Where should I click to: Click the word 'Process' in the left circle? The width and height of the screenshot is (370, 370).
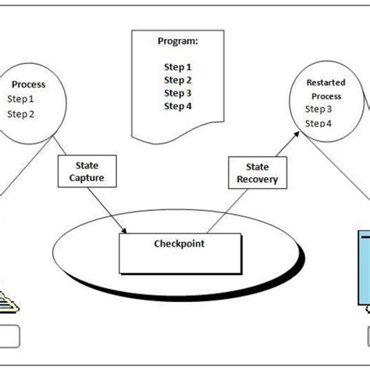click(29, 84)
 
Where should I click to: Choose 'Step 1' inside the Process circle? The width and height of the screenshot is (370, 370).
click(21, 99)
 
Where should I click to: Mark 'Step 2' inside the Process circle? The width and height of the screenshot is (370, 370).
click(21, 114)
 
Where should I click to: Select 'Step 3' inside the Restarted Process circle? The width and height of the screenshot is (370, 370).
click(318, 109)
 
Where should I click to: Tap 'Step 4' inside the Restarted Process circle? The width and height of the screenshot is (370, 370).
click(318, 123)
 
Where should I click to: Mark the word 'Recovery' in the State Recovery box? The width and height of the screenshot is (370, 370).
click(257, 180)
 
